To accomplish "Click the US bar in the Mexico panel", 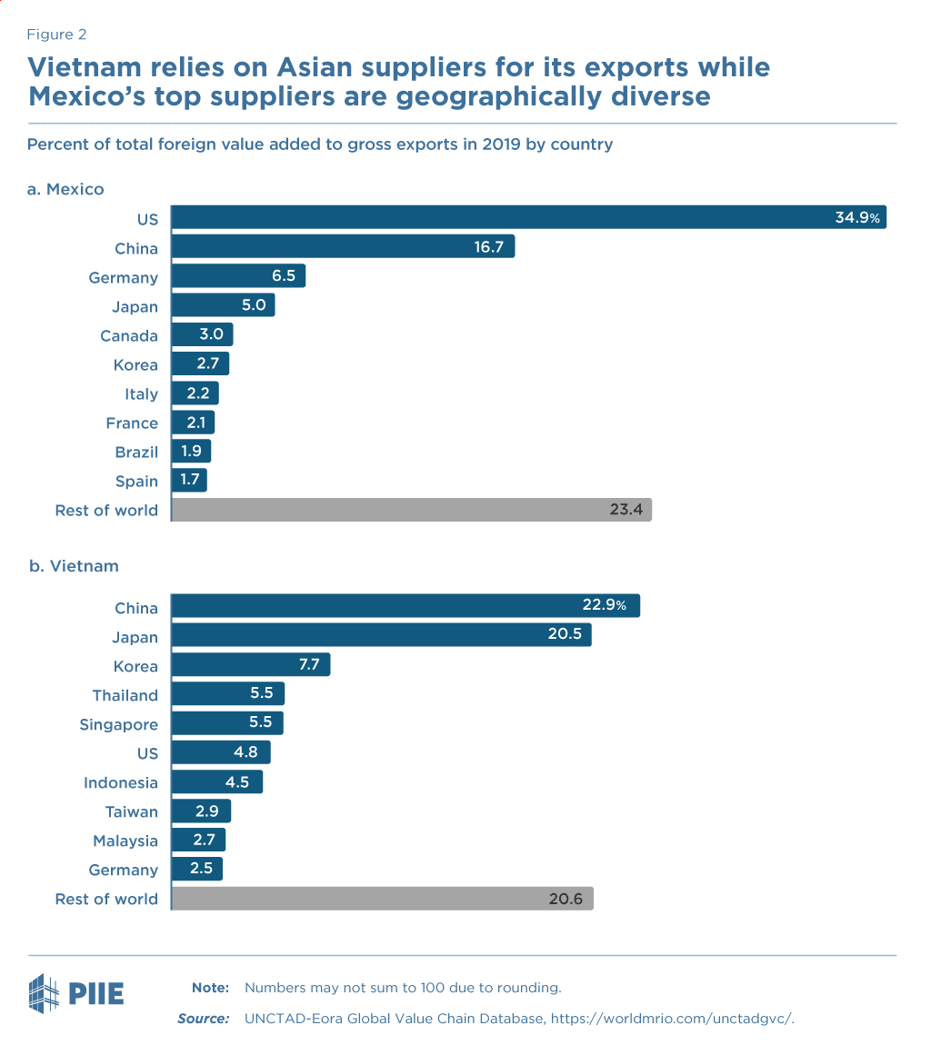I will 527,218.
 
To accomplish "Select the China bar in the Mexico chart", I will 343,247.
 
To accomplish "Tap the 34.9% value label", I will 858,218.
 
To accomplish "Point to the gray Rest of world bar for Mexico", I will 411,510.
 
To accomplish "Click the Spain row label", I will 136,481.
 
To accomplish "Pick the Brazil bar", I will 191,452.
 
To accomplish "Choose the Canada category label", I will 129,335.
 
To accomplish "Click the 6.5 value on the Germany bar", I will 284,276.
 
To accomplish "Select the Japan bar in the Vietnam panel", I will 381,636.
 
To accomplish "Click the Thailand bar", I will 227,694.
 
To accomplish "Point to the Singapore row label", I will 119,724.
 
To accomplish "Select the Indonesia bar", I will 216,781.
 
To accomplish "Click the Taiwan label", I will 132,811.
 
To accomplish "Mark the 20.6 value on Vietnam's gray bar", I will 565,899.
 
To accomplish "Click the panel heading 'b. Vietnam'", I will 74,565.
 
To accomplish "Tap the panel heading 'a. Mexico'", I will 66,189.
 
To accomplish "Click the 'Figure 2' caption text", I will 56,35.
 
